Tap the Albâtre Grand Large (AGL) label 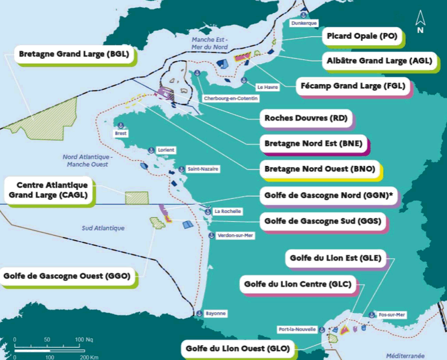pyautogui.click(x=379, y=61)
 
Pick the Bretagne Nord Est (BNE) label pyautogui.click(x=313, y=143)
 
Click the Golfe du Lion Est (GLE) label pyautogui.click(x=336, y=258)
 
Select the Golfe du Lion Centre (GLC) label pyautogui.click(x=298, y=285)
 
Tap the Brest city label pyautogui.click(x=121, y=134)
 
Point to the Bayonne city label pyautogui.click(x=216, y=314)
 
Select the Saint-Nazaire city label pyautogui.click(x=203, y=169)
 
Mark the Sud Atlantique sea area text pyautogui.click(x=101, y=228)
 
